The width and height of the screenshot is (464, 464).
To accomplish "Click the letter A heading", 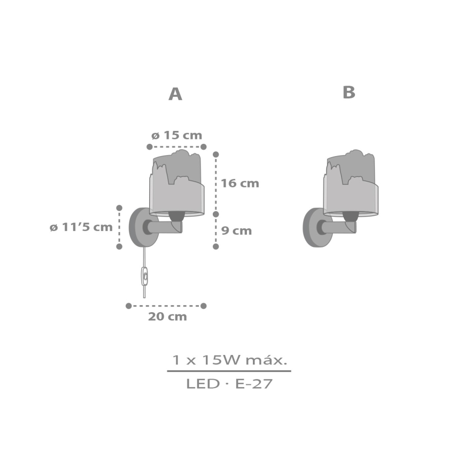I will [175, 94].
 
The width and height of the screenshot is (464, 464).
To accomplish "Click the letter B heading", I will [349, 92].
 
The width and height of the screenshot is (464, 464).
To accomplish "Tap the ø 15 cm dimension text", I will [176, 135].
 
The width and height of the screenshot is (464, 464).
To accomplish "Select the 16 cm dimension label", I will [239, 183].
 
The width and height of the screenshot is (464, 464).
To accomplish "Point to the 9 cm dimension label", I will [236, 231].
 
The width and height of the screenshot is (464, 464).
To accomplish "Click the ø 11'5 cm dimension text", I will [81, 227].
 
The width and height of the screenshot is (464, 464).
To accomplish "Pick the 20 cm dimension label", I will [167, 316].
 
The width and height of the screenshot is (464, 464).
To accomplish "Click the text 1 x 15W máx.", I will [229, 360].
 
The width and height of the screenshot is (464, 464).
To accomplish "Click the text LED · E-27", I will [229, 384].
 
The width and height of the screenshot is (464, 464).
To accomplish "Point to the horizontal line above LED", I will [229, 371].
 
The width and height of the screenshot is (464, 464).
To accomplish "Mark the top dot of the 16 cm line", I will [216, 154].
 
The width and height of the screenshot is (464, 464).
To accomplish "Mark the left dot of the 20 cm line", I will [128, 306].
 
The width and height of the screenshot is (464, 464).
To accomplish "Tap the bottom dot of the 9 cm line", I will [216, 246].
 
